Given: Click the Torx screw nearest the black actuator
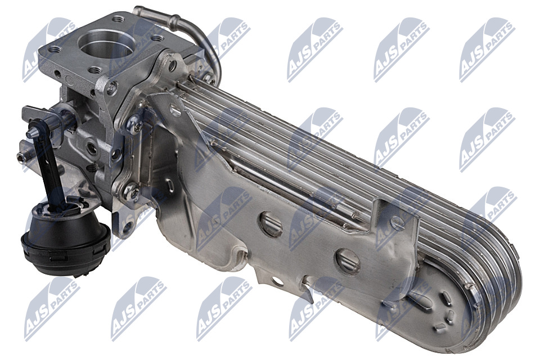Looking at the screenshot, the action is click(132, 192).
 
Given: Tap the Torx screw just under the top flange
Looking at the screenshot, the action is click(112, 88).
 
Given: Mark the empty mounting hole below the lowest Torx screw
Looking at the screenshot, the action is click(128, 226).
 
